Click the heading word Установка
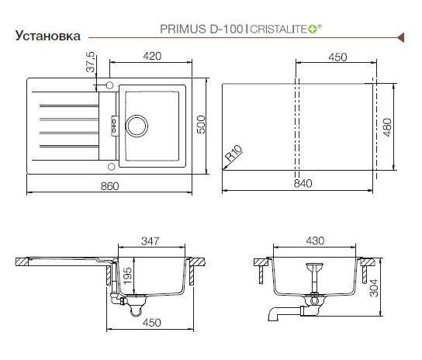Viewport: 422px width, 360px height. (x=47, y=36)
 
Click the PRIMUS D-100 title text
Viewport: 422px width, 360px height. (x=202, y=29)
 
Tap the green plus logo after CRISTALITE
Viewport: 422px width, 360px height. (x=313, y=29)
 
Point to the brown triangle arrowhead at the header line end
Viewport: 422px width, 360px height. (x=400, y=37)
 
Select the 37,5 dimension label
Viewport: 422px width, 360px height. (x=91, y=62)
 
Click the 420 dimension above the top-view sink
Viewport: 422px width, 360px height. (x=152, y=56)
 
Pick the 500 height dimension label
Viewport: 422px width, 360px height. (x=201, y=124)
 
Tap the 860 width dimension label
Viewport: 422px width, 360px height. (x=109, y=186)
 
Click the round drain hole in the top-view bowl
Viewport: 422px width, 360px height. (x=137, y=126)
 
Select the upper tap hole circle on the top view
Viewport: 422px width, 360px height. (x=109, y=85)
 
